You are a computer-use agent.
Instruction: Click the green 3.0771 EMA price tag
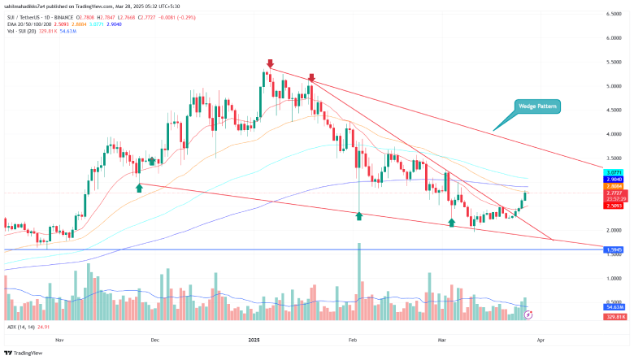[x=614, y=173]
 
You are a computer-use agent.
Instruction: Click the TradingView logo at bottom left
[x=24, y=353]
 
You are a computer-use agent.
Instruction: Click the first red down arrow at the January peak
[x=270, y=63]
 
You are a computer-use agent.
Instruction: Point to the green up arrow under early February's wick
[x=358, y=215]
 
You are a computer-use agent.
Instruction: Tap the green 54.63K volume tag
[x=614, y=308]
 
